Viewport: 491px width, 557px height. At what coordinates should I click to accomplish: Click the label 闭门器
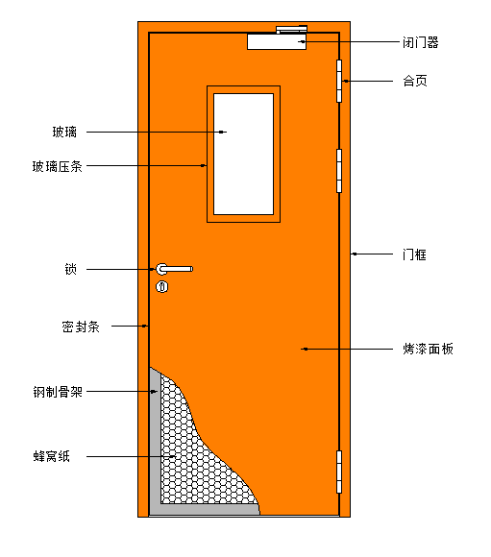click(x=421, y=42)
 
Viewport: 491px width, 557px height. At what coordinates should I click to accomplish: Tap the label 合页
click(x=415, y=81)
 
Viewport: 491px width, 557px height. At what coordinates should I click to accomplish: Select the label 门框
click(x=414, y=254)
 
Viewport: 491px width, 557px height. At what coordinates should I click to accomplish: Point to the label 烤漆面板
click(x=429, y=350)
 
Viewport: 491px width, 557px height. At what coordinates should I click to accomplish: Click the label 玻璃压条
click(x=58, y=166)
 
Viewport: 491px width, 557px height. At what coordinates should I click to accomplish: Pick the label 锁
click(x=71, y=269)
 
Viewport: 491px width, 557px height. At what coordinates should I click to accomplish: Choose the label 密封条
click(x=81, y=327)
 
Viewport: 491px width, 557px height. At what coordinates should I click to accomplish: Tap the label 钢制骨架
click(x=58, y=392)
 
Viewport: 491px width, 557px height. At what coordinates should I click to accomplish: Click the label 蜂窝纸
click(x=52, y=456)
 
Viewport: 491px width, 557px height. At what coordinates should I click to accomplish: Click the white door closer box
click(x=277, y=42)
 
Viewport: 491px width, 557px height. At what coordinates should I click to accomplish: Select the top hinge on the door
click(x=339, y=81)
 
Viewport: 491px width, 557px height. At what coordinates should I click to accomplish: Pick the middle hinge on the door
click(x=339, y=171)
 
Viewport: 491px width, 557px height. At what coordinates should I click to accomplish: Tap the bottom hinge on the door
click(x=339, y=472)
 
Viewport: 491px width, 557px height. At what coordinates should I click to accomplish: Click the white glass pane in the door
click(x=243, y=155)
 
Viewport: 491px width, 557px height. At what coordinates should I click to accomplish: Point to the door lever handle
click(x=174, y=269)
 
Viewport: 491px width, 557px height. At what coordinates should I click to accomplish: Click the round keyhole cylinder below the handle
click(x=162, y=287)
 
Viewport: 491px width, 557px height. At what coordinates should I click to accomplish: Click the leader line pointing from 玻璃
click(x=157, y=133)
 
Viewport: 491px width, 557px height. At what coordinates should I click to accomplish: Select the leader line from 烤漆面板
click(x=347, y=350)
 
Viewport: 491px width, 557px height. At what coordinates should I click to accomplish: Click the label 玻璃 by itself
click(x=64, y=133)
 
